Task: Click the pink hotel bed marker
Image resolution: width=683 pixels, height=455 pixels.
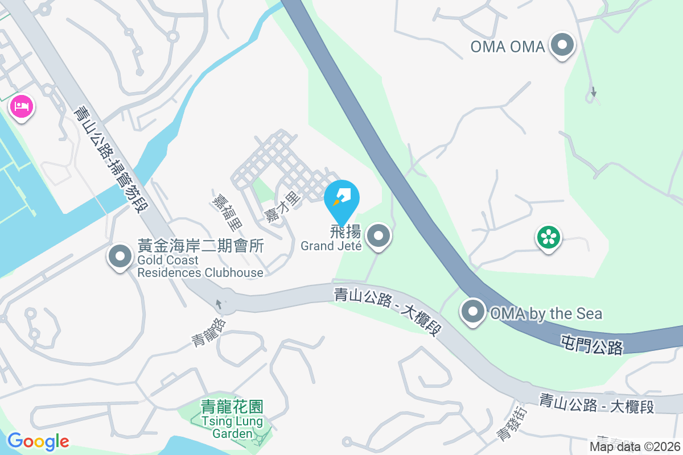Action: pos(22,106)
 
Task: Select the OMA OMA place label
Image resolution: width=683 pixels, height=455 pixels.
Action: pos(508,47)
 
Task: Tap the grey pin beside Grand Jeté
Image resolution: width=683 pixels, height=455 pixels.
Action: pos(378,236)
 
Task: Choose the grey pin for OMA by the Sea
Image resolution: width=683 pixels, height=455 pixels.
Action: pos(473,312)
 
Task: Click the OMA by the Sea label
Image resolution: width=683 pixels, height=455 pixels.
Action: pos(545,313)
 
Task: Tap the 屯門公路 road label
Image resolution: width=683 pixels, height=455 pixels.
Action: pos(591,345)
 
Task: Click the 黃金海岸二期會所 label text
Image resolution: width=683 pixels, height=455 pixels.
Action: pos(201,246)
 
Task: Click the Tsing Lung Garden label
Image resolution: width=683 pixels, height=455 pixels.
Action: pos(232,427)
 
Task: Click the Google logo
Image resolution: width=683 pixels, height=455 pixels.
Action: pos(38,441)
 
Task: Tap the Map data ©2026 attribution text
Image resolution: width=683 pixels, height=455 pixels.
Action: pos(635,447)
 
